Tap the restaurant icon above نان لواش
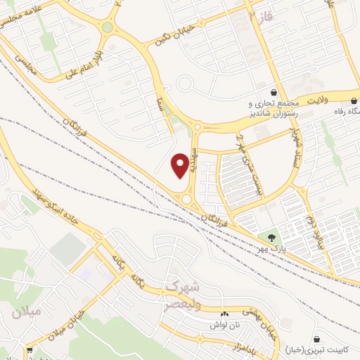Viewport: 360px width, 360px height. [225, 314]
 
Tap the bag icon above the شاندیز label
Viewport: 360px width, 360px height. [273, 92]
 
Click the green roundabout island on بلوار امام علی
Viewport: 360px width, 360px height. [107, 27]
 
